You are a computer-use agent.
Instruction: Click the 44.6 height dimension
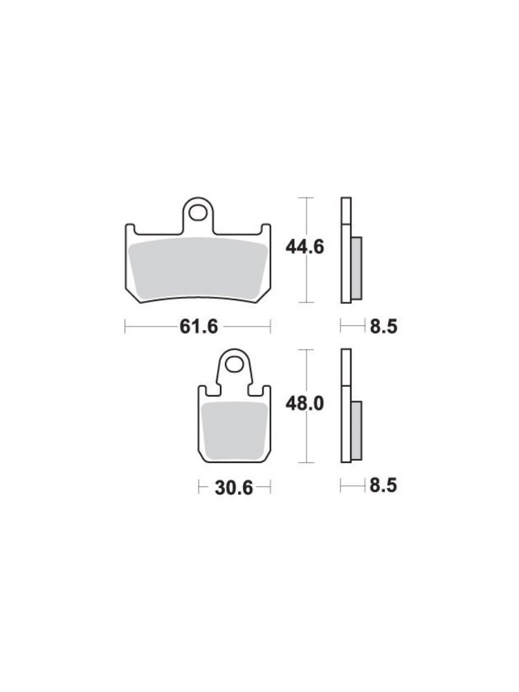(x=304, y=247)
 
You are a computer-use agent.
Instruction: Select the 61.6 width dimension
(x=199, y=327)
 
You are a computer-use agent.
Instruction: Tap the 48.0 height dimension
(x=304, y=403)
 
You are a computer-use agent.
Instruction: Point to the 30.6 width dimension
(x=234, y=488)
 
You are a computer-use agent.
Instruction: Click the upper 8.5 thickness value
(x=383, y=327)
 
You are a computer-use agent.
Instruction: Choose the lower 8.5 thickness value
(x=383, y=486)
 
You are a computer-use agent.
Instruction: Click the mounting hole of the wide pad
(x=198, y=212)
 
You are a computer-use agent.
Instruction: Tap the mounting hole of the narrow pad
(x=234, y=365)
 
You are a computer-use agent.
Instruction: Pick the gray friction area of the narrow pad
(x=235, y=430)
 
